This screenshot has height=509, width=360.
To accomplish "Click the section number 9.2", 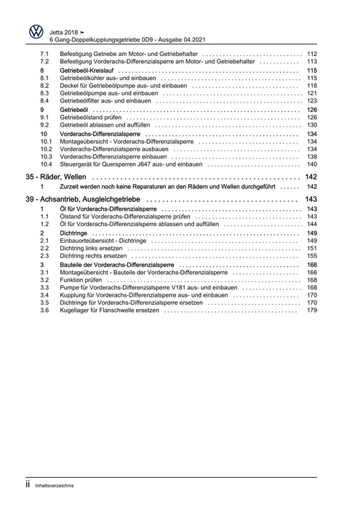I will tap(44, 124).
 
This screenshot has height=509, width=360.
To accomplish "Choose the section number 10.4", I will tap(46, 164).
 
